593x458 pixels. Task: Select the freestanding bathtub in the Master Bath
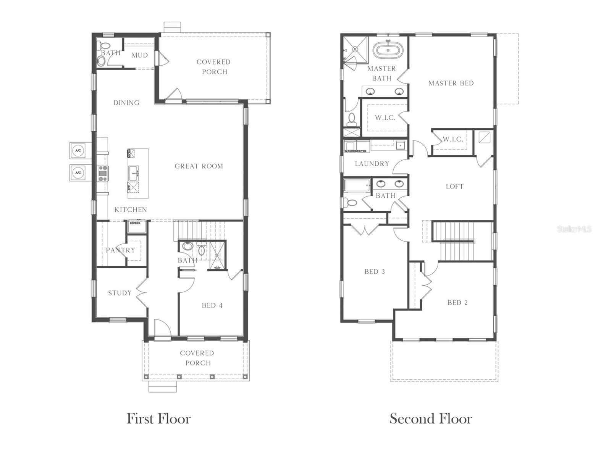(x=388, y=50)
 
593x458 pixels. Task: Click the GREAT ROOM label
(x=199, y=166)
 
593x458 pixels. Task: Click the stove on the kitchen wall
(x=102, y=173)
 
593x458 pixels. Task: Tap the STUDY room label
(x=120, y=293)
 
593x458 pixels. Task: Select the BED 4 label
(x=212, y=305)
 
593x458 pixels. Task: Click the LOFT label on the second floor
(x=454, y=187)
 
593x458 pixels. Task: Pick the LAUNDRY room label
(x=372, y=164)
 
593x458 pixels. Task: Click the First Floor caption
(x=158, y=419)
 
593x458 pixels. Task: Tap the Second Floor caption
(x=431, y=419)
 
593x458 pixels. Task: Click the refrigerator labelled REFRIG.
(x=136, y=226)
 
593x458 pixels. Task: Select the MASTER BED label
(x=451, y=83)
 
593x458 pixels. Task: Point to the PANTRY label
(x=120, y=250)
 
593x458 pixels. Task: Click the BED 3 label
(x=374, y=272)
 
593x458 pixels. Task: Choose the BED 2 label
(x=457, y=303)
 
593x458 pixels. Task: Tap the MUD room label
(x=139, y=55)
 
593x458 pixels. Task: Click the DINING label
(x=126, y=103)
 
